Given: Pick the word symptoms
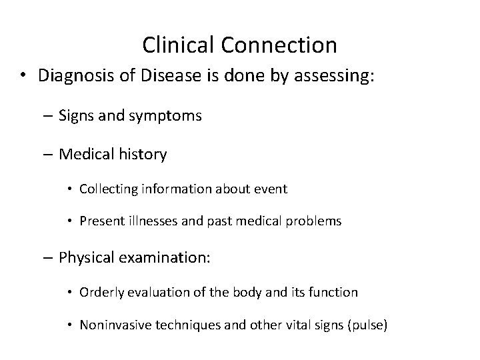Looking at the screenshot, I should point(168,116).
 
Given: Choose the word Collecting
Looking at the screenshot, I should point(107,189).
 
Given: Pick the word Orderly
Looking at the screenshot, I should point(101,292).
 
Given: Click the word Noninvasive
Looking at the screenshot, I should point(115,325).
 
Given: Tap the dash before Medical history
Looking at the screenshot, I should point(50,155).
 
